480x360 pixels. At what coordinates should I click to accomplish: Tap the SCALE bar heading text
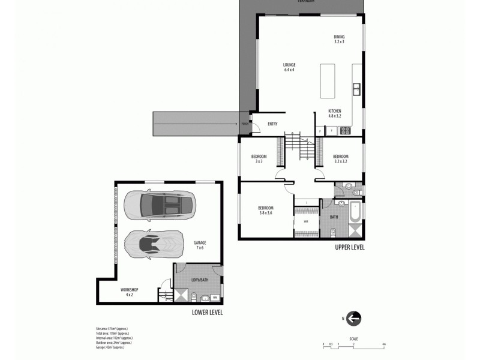coord(354,339)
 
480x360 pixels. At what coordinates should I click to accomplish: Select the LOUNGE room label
coord(290,67)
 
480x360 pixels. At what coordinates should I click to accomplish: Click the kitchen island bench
coord(328,80)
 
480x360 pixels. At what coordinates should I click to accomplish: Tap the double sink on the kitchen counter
coord(356,91)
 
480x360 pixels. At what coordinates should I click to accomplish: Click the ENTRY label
coord(272,124)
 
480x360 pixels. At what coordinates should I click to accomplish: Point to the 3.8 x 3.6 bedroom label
coord(266,211)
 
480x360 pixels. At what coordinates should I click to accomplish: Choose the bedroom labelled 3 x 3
coord(259,159)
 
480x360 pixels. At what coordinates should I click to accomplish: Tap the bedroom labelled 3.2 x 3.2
coord(340,159)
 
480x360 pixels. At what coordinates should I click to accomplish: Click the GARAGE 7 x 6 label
coord(200,246)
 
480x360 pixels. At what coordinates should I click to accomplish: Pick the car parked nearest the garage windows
coord(160,205)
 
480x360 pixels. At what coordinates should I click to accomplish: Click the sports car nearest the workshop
coord(151,243)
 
